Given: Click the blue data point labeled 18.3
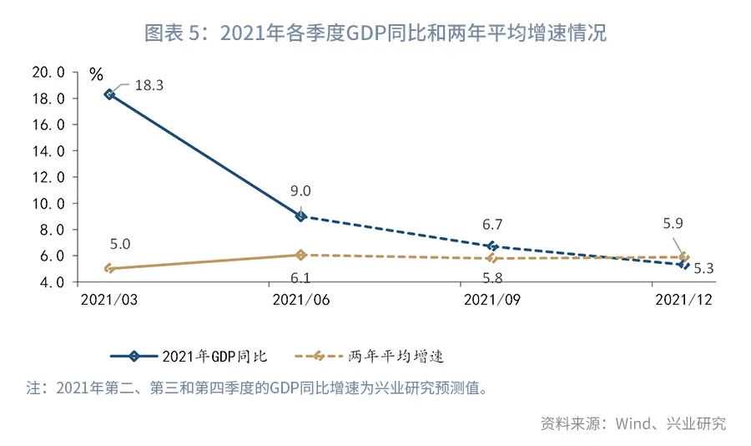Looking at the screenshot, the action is coord(109,94).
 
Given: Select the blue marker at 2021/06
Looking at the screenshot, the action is coord(300,216).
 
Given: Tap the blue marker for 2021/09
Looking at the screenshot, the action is coord(492,246).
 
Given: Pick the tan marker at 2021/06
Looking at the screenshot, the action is coord(300,255).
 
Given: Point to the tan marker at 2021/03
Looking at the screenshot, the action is coord(109,268).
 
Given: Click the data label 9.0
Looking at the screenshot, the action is coord(300,191).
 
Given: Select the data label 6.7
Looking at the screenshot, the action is coord(491,225).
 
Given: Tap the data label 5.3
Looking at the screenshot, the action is coord(703,269).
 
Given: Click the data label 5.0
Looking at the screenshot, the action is coord(119,244).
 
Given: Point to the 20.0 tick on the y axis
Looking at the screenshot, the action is coord(48,73).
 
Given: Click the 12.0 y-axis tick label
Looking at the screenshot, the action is coord(48,177).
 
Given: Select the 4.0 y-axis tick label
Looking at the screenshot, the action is coord(52,282).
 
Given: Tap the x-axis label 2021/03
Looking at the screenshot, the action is coord(109,300).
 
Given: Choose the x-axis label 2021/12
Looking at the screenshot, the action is coord(684,300).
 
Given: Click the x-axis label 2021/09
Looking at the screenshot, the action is coord(492,300).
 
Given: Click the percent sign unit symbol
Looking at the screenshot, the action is coord(96,74).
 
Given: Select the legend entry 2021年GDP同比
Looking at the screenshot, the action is coord(189,357).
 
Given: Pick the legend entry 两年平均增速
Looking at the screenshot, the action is coord(370,357).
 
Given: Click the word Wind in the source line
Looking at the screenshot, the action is coord(633,423).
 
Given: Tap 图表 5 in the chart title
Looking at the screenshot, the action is coord(171,33).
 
